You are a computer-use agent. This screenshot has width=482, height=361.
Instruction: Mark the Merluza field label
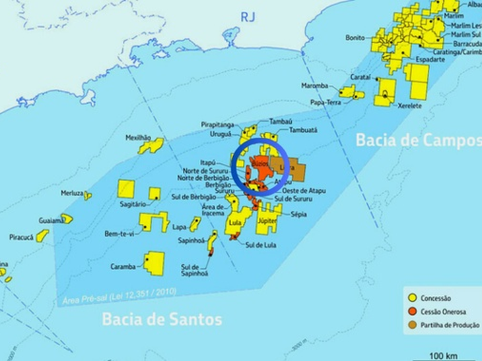(72, 193)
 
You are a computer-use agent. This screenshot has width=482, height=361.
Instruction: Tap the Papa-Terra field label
(325, 103)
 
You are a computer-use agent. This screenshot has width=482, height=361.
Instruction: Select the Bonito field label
(355, 38)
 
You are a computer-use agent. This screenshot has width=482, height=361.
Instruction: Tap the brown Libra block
(293, 170)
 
